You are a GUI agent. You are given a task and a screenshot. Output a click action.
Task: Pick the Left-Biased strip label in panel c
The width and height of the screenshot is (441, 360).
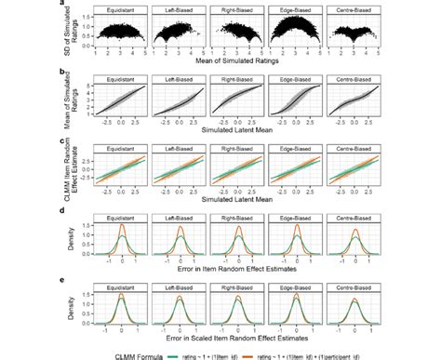click(180, 149)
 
